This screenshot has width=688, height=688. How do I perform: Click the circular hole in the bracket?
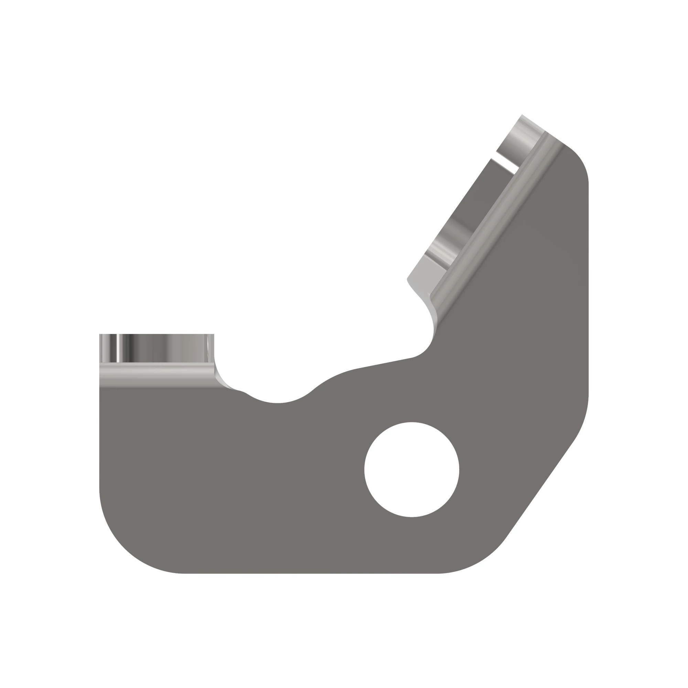point(412,469)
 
